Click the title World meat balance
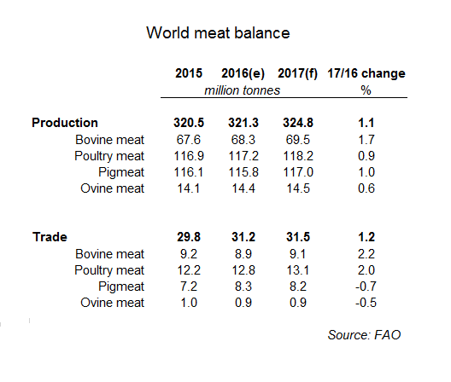click(x=218, y=32)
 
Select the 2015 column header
click(x=189, y=73)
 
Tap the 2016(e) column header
click(x=243, y=73)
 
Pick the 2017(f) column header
click(x=298, y=73)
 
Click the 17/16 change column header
click(x=366, y=73)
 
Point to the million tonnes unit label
click(x=242, y=90)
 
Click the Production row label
click(x=65, y=123)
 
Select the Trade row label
click(x=50, y=237)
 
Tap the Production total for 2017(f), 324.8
click(x=298, y=123)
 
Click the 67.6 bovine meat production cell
click(x=189, y=140)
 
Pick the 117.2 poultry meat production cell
click(x=243, y=156)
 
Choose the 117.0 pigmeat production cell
click(x=298, y=172)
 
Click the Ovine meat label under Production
click(x=112, y=188)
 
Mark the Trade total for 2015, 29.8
click(x=189, y=237)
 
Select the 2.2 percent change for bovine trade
click(x=366, y=254)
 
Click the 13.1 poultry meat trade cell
click(x=298, y=270)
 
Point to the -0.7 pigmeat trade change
click(x=366, y=286)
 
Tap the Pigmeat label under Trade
click(x=121, y=286)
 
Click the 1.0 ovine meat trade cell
click(x=189, y=303)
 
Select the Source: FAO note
click(x=364, y=335)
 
